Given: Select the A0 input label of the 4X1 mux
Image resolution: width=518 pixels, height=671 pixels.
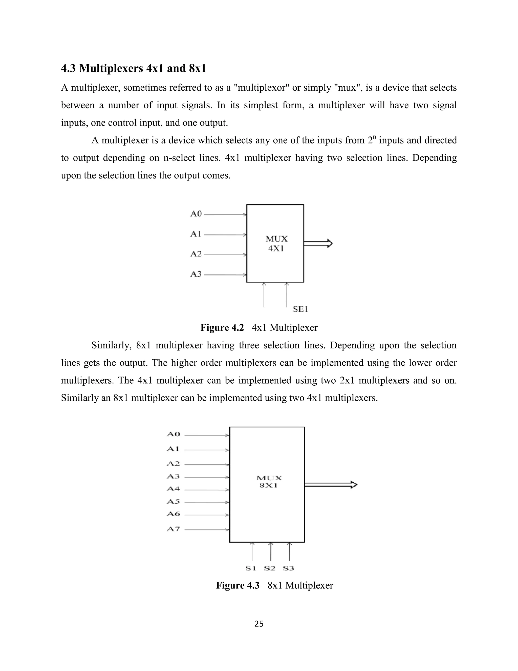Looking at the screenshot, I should [196, 214].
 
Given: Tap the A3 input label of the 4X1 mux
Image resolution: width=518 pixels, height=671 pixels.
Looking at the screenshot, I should [196, 274].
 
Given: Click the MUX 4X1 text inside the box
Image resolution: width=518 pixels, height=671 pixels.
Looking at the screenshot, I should [276, 244].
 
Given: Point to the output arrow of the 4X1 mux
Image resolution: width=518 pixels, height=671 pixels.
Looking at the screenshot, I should [318, 244].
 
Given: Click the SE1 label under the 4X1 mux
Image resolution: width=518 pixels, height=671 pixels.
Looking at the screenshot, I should [300, 309].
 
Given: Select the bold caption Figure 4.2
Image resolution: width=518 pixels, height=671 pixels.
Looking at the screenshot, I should [222, 327].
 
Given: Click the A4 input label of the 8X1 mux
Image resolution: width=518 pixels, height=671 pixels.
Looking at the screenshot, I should [173, 489].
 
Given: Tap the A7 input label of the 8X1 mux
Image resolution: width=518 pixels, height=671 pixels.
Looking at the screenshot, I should [173, 529].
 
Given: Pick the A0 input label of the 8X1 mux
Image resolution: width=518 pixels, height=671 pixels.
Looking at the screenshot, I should [173, 434].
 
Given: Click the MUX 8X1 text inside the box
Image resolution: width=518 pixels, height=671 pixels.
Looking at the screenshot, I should [269, 482].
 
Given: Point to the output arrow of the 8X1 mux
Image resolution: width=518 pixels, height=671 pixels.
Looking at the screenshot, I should [331, 485].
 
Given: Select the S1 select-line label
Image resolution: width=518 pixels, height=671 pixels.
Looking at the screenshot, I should [251, 568].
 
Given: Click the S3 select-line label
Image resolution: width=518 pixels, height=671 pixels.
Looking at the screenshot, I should [288, 568].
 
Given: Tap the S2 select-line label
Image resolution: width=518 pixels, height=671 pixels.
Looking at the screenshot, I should [270, 568].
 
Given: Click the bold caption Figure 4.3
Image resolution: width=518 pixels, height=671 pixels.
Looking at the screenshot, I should [238, 585].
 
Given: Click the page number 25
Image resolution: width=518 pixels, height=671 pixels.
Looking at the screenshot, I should [259, 624].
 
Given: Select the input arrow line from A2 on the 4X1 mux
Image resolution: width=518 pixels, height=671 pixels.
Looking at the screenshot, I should [225, 255].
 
